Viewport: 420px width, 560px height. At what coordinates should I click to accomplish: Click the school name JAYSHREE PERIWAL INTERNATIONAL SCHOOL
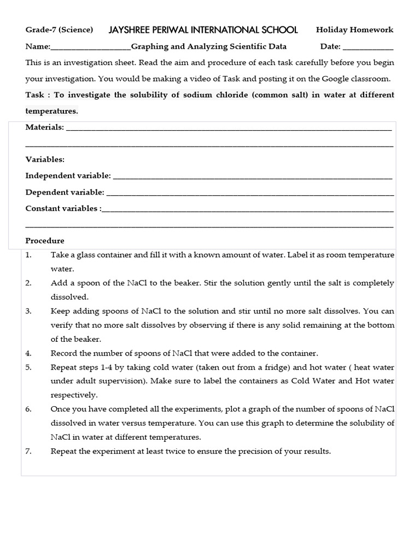pos(203,30)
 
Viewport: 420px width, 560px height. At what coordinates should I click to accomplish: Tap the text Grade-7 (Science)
pos(59,30)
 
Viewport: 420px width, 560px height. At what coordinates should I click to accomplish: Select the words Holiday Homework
pos(354,30)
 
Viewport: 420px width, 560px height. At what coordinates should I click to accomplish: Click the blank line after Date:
pos(367,47)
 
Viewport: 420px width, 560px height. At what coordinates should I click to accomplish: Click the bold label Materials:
pos(45,127)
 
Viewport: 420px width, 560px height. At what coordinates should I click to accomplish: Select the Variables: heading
pos(45,160)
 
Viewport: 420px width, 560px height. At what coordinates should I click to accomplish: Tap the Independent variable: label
pos(68,176)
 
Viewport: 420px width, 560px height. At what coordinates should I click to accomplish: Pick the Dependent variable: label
pos(65,192)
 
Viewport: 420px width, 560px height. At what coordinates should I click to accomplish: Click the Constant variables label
pos(63,208)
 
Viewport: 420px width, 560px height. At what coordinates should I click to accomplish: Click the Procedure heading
pos(45,241)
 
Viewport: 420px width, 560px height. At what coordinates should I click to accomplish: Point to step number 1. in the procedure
pos(29,255)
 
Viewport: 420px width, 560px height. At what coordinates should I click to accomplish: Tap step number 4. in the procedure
pos(29,353)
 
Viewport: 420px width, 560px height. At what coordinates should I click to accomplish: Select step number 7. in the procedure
pos(29,451)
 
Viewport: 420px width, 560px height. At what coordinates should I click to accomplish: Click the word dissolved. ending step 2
pos(69,297)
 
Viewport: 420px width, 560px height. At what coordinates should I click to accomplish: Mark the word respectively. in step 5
pos(74,395)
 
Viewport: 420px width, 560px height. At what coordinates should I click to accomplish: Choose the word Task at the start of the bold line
pos(34,95)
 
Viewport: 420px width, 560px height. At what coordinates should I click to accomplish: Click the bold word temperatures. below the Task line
pos(52,111)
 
